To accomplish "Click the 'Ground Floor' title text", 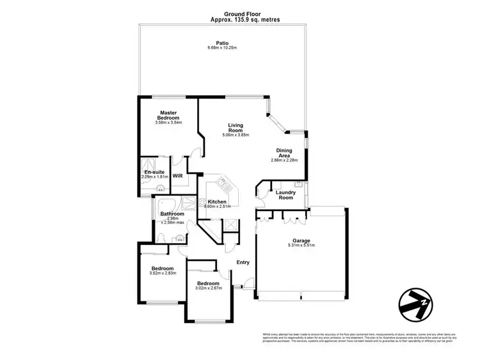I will coord(240,13).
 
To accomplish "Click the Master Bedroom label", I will coord(168,116).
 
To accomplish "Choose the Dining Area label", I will coord(284,153).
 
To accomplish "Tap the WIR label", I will coord(177,175).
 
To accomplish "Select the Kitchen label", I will coord(217,201).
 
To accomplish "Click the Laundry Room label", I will coord(285,194).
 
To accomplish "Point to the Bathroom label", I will coord(172,214).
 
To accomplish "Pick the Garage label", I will coord(301,241).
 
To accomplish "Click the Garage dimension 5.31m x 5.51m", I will coord(301,247).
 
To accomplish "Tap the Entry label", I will coord(243,263).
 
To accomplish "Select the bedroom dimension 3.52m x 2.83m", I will coord(162,273).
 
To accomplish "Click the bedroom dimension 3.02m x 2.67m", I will coord(208,288).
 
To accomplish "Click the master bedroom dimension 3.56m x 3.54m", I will coord(168,123).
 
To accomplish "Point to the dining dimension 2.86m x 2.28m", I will coord(284,160).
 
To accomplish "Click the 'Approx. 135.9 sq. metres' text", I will coord(240,20).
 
